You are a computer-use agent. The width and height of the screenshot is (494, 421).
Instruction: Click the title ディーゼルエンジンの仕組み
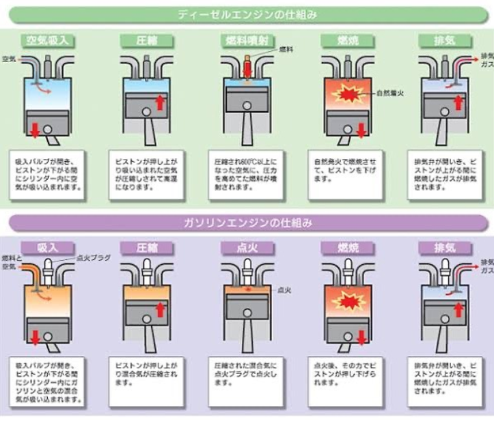point(247,13)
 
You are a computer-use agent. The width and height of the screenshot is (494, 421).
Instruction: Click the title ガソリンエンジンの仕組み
point(247,222)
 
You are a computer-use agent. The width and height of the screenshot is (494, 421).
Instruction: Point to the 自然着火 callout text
point(389,93)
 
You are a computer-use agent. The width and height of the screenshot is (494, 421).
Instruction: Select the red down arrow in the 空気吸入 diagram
point(35,129)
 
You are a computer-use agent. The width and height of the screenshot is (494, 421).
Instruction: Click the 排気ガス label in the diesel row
point(486,59)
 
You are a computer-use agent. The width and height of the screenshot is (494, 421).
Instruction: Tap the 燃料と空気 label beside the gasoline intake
point(11,262)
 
